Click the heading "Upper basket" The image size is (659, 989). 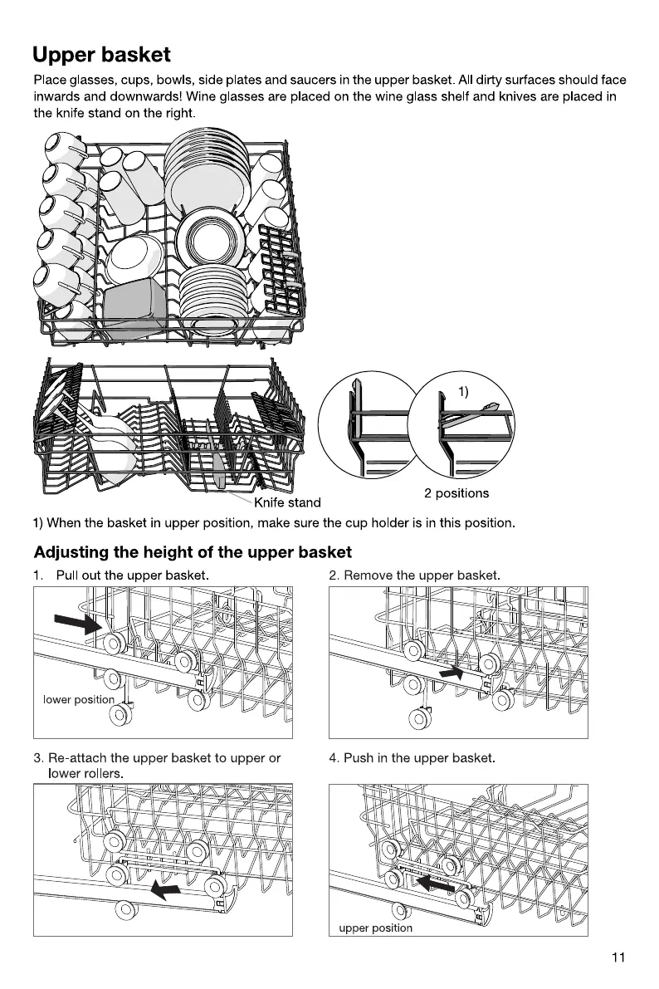coord(101,55)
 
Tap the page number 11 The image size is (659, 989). coord(618,957)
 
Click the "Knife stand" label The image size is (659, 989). coord(287,502)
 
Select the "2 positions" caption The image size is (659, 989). coord(456,493)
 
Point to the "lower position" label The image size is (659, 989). coord(78,699)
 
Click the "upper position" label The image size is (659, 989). coord(375,928)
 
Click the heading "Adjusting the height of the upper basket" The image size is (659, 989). coord(193,552)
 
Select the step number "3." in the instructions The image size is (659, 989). coord(39,758)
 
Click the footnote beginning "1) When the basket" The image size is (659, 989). coord(275,523)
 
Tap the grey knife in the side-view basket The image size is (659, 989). coord(219,470)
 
